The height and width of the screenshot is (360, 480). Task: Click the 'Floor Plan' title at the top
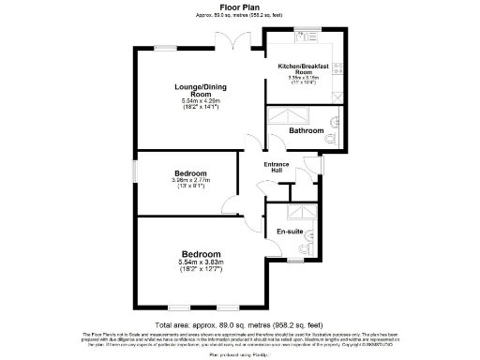(x=239, y=7)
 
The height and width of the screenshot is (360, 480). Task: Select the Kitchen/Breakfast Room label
(x=303, y=68)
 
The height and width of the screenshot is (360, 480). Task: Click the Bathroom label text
(x=306, y=130)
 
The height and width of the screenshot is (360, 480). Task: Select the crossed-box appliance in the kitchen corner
(x=337, y=96)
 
